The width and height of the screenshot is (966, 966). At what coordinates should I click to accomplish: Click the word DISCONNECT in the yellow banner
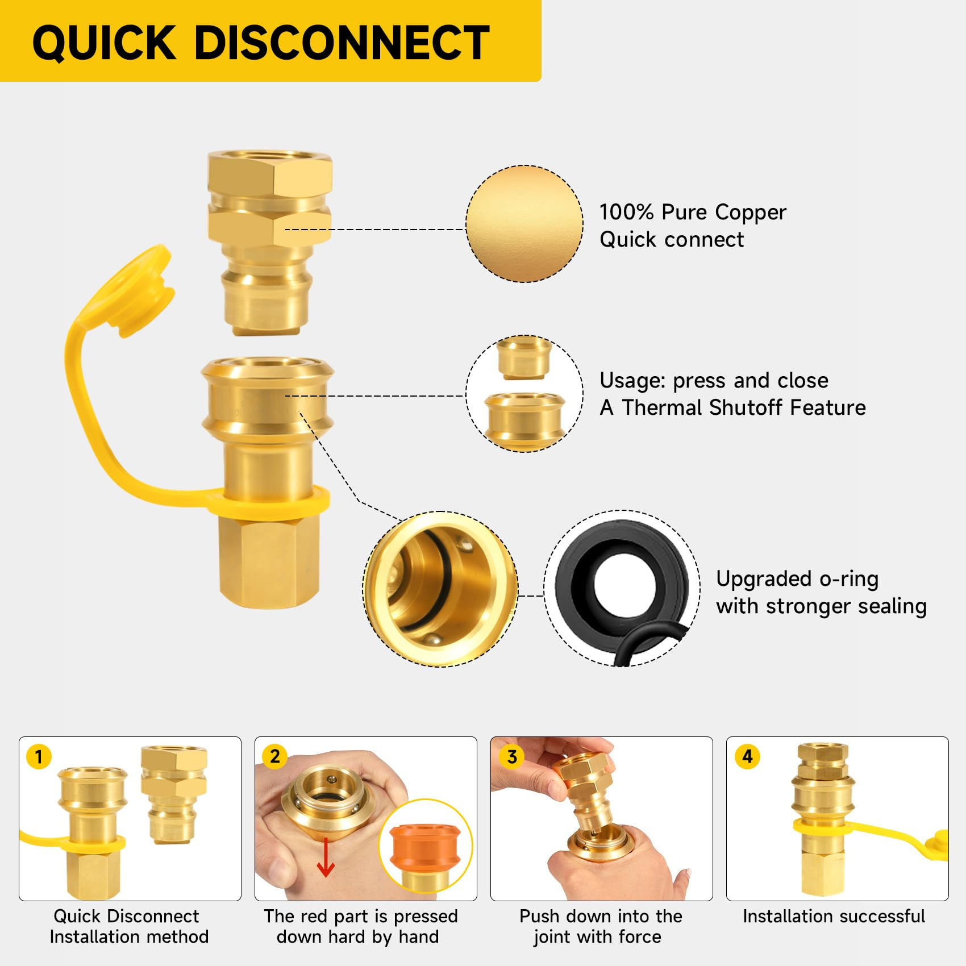click(x=342, y=43)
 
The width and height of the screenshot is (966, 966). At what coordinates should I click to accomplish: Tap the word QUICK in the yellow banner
click(x=105, y=43)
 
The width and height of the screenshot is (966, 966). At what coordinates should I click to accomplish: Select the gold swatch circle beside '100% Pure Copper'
click(x=524, y=224)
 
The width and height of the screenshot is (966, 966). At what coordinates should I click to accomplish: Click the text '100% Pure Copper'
click(x=693, y=212)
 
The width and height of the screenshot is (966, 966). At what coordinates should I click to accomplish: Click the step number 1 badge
click(x=39, y=756)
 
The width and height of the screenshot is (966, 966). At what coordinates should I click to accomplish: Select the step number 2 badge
click(x=275, y=756)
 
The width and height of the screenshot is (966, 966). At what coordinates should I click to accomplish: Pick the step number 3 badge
click(x=511, y=756)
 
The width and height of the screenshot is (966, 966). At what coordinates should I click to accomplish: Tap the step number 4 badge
click(x=747, y=756)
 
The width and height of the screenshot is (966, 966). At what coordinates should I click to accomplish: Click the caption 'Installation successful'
click(x=834, y=916)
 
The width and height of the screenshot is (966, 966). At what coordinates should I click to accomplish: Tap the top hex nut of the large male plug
click(x=269, y=174)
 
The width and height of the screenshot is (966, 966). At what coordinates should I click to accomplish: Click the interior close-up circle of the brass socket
click(x=440, y=589)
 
